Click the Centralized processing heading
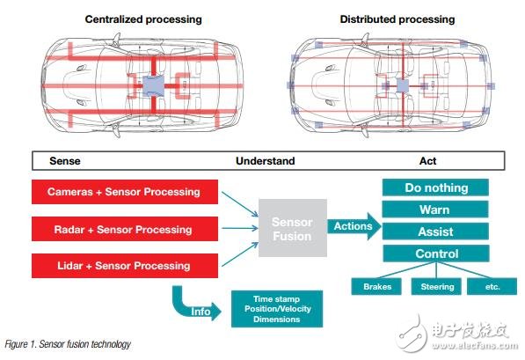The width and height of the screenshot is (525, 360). click(x=143, y=19)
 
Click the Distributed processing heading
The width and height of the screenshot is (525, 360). click(x=397, y=19)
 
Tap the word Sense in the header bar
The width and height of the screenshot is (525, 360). click(x=65, y=161)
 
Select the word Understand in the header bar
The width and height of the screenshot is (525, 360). click(x=266, y=161)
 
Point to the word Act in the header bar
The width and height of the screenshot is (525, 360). click(x=427, y=161)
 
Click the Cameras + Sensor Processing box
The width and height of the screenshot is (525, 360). click(x=125, y=192)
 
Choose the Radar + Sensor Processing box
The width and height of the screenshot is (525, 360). click(x=125, y=229)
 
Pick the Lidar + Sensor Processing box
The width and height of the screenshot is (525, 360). click(x=125, y=266)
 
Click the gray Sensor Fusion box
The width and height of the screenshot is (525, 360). click(x=293, y=228)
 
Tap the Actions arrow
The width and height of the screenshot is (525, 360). click(x=354, y=226)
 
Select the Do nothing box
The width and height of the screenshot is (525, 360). click(x=435, y=187)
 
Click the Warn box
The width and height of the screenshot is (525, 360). click(x=435, y=209)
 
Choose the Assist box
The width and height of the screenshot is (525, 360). click(x=435, y=231)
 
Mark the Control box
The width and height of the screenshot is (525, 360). click(x=436, y=253)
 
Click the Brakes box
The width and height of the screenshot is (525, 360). click(x=376, y=287)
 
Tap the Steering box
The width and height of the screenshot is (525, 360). click(x=436, y=287)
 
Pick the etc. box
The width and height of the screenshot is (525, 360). click(x=492, y=287)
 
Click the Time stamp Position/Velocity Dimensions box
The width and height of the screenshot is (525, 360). click(x=277, y=309)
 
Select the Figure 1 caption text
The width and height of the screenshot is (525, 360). click(x=68, y=344)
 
